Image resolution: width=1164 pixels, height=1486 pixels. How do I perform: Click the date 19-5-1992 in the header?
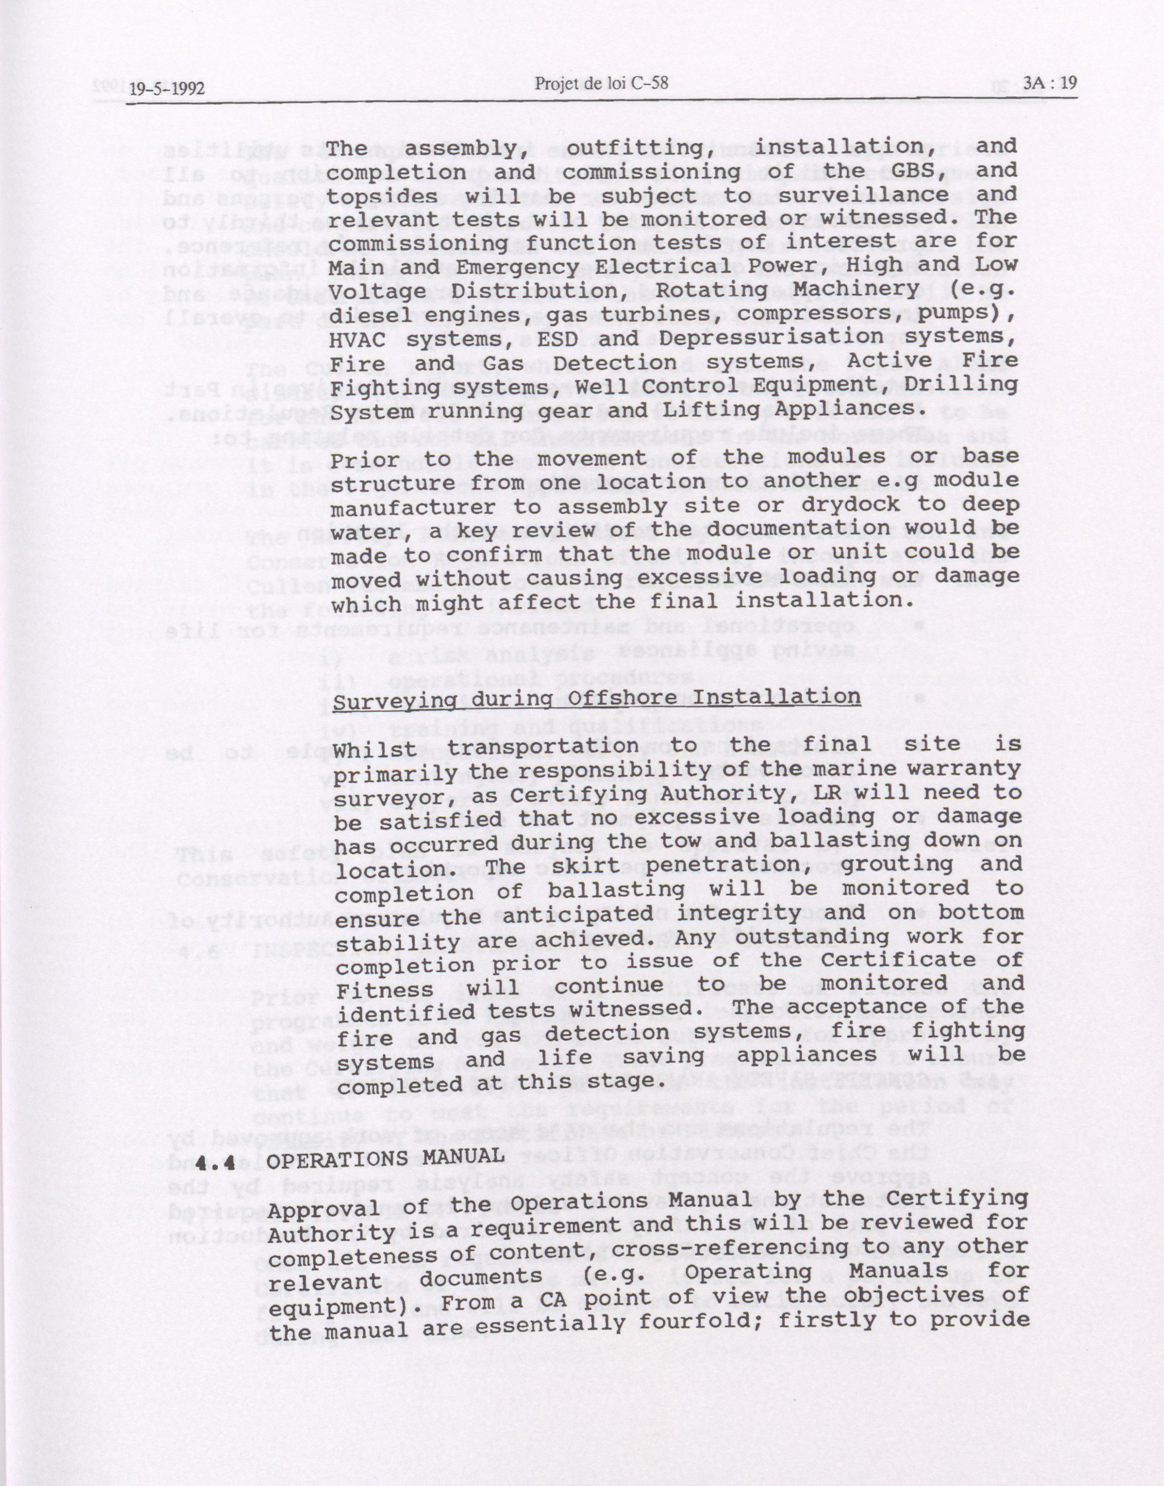coord(167,89)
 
